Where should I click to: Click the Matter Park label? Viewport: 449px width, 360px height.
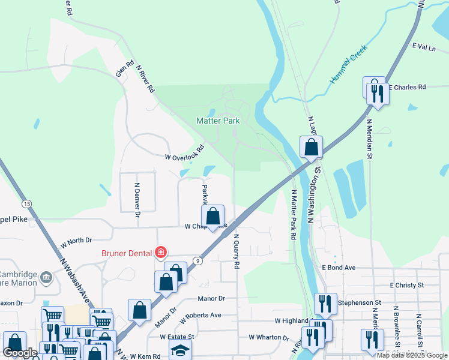tap(218, 121)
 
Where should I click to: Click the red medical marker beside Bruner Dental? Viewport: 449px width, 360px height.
tap(160, 251)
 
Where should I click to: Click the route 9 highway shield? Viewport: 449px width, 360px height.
tap(197, 260)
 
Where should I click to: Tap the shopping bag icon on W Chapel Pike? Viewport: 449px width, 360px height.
tap(213, 217)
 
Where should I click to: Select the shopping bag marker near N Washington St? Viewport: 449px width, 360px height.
tap(312, 146)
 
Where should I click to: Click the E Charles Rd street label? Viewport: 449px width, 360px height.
tap(407, 87)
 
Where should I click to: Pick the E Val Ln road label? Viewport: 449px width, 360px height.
tap(423, 46)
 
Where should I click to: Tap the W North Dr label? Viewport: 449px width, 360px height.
tap(76, 242)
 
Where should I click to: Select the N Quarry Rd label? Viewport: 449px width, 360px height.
tap(237, 251)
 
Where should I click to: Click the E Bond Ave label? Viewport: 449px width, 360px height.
tap(339, 268)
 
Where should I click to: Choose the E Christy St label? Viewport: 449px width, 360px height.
tap(406, 285)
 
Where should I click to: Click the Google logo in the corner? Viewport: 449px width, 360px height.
tap(20, 353)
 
